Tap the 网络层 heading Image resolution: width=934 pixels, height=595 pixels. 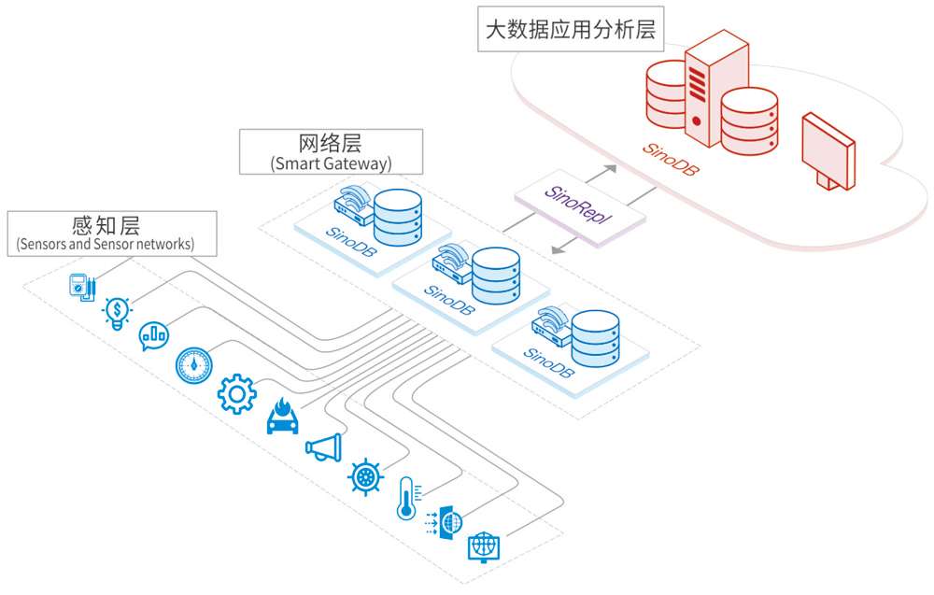pos(330,143)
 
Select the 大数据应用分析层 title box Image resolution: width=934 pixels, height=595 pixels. pos(570,29)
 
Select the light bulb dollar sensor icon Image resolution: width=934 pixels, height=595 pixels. pos(118,311)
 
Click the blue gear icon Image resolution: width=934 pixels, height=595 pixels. pos(236,394)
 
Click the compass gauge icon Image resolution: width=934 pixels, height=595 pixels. pos(194,365)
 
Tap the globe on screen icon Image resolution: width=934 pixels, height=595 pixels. pos(483,545)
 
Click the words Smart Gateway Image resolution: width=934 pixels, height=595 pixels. pos(331,163)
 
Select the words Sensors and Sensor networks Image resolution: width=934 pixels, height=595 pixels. pos(105,245)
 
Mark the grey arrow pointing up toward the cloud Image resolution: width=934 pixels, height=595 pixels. pos(603,173)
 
